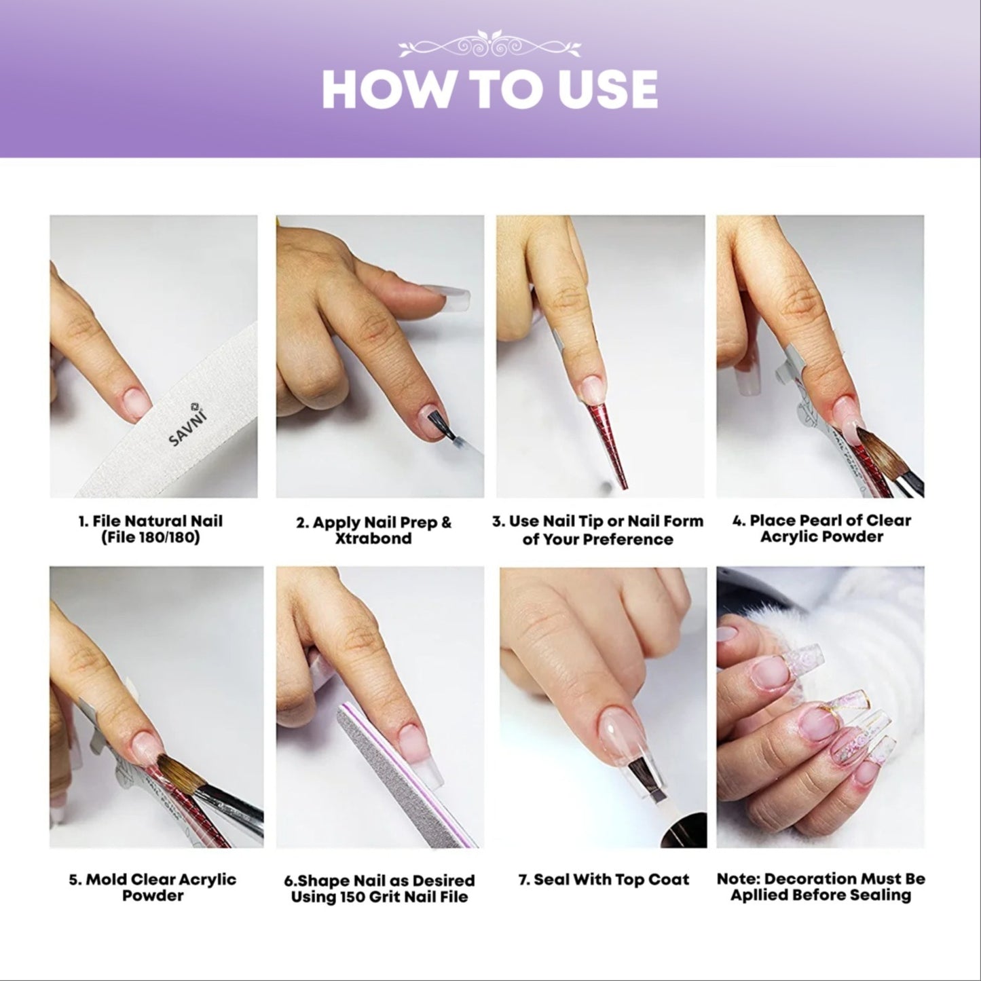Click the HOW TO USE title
tap(489, 89)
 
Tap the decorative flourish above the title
tap(489, 44)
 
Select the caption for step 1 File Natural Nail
tap(150, 530)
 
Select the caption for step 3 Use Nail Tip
tap(598, 530)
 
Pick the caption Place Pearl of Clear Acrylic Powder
tap(821, 529)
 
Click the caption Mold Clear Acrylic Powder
tap(153, 887)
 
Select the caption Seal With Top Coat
tap(604, 880)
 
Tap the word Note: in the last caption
tap(738, 878)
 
